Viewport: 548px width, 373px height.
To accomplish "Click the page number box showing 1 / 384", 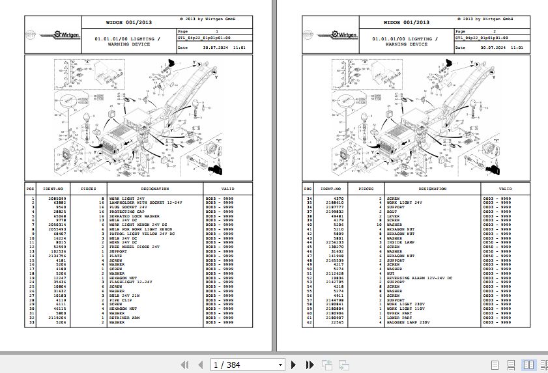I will coord(248,365).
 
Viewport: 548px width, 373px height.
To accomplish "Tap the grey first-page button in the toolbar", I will coord(184,365).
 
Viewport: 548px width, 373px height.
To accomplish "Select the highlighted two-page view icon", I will coord(529,365).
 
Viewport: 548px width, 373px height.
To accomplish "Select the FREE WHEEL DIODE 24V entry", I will coord(134,247).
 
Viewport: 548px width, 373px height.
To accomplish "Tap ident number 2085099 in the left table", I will coord(55,198).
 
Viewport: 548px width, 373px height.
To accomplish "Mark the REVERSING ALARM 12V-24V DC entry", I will coord(418,277).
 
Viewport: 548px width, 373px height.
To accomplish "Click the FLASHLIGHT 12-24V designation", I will coord(130,281).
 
